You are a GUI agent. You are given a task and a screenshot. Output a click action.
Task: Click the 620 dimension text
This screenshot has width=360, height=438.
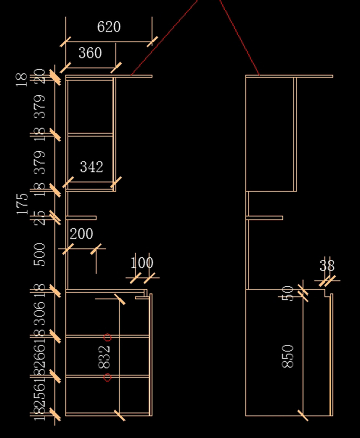point(109,27)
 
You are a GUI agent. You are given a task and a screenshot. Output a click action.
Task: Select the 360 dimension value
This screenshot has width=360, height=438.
point(90,53)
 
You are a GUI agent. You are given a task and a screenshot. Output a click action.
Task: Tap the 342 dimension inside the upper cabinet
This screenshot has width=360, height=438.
point(91,167)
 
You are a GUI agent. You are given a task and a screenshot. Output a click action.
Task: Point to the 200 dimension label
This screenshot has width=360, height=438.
point(81,234)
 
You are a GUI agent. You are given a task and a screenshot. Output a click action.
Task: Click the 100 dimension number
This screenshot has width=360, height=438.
point(142,263)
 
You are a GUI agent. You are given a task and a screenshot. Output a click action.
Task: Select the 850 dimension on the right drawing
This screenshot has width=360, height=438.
point(288,356)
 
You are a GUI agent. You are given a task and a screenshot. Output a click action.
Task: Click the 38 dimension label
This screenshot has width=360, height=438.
point(327,266)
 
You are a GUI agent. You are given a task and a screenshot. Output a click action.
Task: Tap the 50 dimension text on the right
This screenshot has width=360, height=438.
point(288,293)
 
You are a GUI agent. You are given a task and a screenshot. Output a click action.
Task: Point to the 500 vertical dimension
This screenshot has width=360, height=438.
point(40,255)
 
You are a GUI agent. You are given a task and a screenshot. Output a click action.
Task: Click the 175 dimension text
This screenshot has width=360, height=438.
point(22,204)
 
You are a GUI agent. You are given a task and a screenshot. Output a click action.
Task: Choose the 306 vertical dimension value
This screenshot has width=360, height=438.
point(40,314)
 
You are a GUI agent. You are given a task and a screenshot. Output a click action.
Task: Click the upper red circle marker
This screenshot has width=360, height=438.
point(108,338)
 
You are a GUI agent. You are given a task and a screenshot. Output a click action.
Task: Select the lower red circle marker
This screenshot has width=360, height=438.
point(107,377)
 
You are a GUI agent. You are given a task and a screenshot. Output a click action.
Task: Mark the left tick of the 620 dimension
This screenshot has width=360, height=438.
point(65,42)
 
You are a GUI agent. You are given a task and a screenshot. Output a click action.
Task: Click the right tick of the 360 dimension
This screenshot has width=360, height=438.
point(116,68)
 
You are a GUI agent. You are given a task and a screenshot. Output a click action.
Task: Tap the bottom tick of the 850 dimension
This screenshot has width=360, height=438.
point(303,415)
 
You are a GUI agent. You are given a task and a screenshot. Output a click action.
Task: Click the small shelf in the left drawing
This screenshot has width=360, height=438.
point(81,218)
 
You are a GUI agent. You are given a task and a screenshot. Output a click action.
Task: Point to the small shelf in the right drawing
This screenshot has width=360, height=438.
point(264,218)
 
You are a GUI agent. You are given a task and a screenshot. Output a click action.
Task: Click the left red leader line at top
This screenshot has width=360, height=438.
point(163,38)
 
